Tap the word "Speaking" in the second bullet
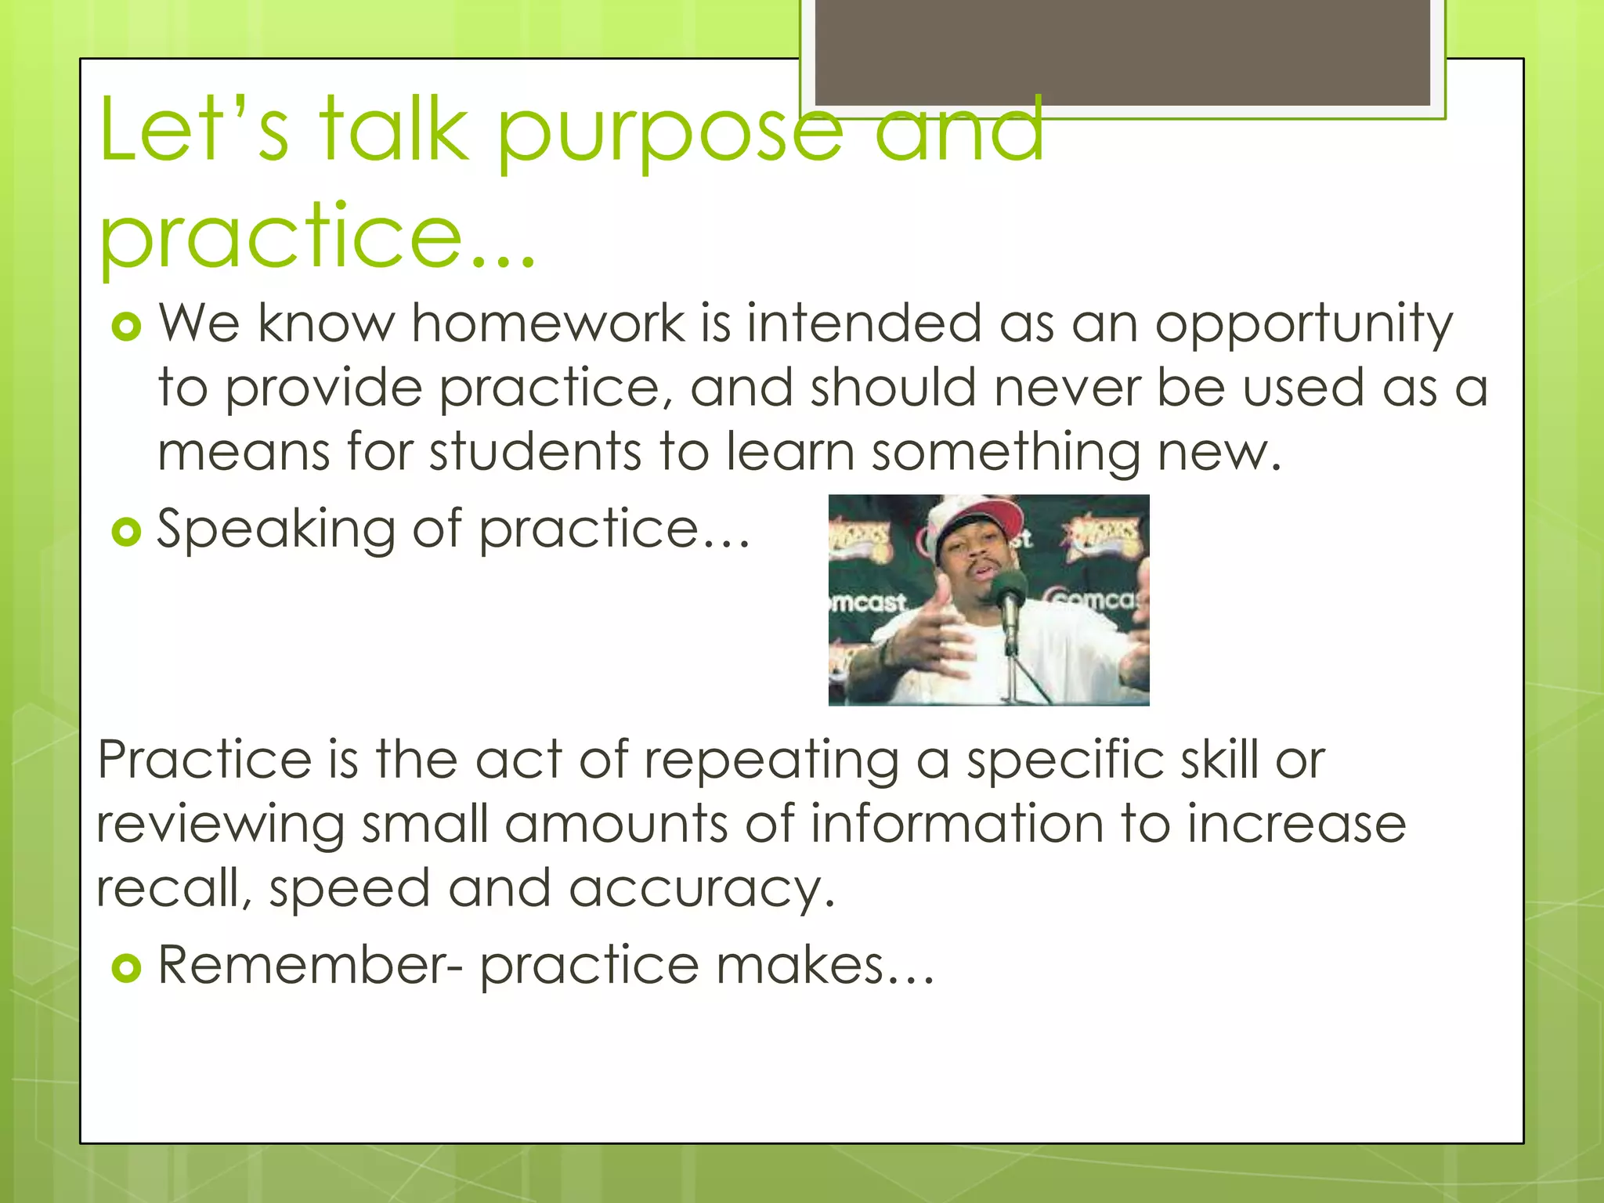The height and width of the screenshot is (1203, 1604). pyautogui.click(x=276, y=530)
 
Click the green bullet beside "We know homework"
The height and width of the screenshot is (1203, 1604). pyautogui.click(x=126, y=327)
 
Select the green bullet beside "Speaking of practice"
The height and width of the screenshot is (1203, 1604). pyautogui.click(x=126, y=533)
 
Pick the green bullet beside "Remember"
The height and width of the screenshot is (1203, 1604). pyautogui.click(x=126, y=968)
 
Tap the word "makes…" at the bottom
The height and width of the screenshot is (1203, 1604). pyautogui.click(x=825, y=965)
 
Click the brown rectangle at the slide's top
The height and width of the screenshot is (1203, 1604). pyautogui.click(x=1122, y=52)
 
